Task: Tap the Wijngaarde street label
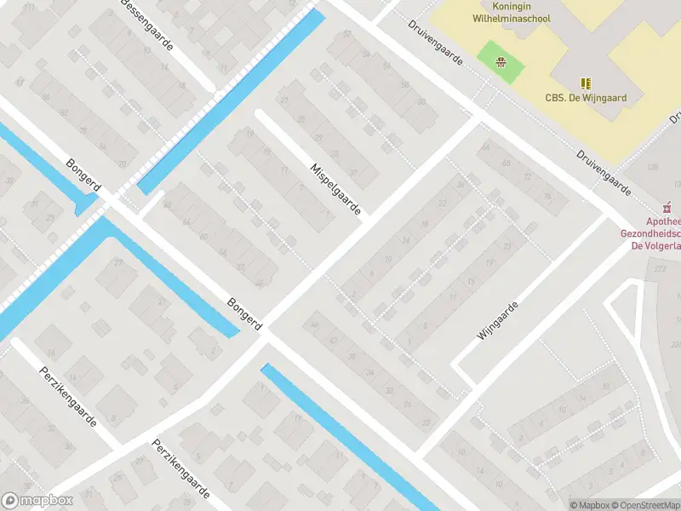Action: (497, 320)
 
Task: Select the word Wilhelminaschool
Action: (512, 18)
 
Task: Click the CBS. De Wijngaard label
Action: (586, 98)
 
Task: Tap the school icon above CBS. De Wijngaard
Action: (586, 83)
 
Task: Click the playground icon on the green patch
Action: (501, 60)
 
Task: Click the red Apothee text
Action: (663, 221)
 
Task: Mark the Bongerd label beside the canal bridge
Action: (83, 176)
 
